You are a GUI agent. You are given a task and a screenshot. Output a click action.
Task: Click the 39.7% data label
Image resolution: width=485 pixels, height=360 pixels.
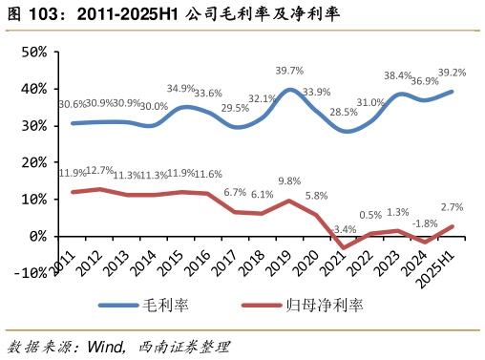click(x=289, y=71)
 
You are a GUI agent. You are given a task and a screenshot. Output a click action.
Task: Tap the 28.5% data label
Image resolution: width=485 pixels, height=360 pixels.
click(x=344, y=113)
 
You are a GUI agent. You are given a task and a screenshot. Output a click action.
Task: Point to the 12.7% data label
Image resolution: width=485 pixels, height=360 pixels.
click(x=99, y=171)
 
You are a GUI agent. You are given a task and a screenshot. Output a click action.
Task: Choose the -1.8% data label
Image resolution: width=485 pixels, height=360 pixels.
click(x=425, y=223)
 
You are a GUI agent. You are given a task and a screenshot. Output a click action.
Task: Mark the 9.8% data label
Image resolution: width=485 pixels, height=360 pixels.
click(x=289, y=181)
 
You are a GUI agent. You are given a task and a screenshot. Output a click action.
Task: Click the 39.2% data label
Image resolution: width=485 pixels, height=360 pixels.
click(x=452, y=73)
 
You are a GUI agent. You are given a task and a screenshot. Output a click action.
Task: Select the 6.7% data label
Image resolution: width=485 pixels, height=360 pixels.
click(x=235, y=193)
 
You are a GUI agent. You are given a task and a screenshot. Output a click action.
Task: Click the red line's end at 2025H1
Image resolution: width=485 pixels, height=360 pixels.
click(x=453, y=226)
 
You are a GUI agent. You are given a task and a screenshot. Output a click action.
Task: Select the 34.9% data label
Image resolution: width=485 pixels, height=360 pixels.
click(x=180, y=89)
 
